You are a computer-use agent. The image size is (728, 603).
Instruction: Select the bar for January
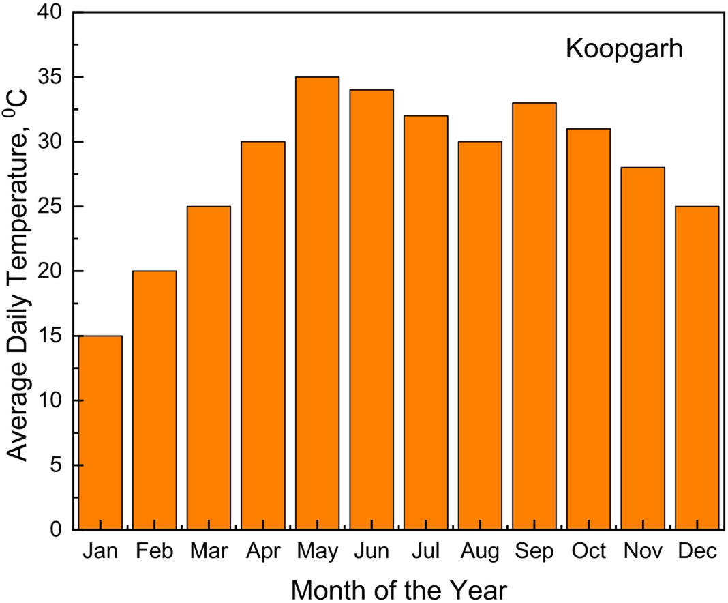coord(100,432)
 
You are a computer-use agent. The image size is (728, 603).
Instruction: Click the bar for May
coord(317,303)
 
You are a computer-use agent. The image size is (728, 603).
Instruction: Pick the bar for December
coord(697,368)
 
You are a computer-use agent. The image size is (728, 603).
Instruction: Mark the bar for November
coord(643,348)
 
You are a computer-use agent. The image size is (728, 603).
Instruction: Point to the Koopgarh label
coord(624,49)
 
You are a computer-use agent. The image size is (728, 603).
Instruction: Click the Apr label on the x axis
coord(263,551)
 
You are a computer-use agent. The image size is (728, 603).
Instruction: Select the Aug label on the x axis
coord(480,552)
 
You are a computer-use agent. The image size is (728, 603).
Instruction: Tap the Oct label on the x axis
coord(588,551)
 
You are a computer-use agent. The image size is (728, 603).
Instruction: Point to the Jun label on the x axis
coord(371,551)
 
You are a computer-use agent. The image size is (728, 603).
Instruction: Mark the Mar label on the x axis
coord(209,551)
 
